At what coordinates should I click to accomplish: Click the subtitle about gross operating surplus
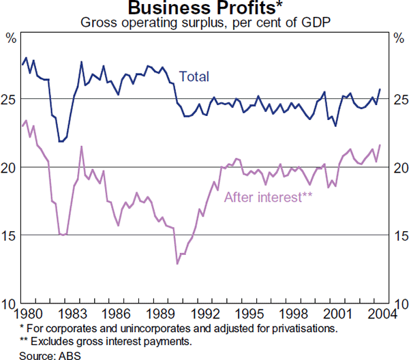[x=204, y=22]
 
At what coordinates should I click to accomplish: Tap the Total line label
[x=194, y=77]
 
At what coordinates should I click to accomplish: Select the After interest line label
[x=268, y=198]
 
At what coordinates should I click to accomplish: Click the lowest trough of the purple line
[x=177, y=263]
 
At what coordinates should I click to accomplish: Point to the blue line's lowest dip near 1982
[x=61, y=141]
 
